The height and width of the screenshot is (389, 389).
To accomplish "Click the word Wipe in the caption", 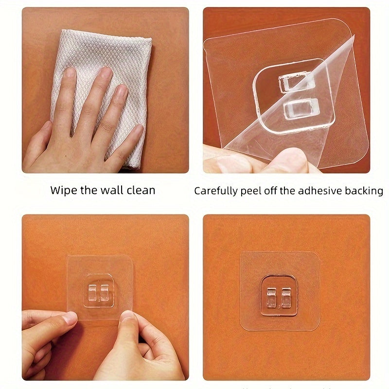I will (62, 190).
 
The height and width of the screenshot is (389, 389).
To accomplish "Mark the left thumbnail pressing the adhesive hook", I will (70, 318).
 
